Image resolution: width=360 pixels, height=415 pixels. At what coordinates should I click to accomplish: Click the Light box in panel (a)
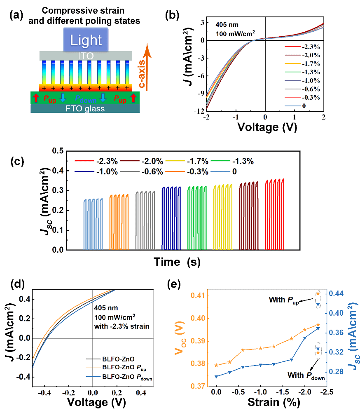(86, 40)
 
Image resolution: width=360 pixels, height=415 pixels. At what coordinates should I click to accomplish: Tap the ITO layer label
(86, 55)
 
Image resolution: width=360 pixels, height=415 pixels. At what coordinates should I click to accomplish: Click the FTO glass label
(86, 108)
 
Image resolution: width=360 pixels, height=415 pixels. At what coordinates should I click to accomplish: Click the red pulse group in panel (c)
(275, 214)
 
